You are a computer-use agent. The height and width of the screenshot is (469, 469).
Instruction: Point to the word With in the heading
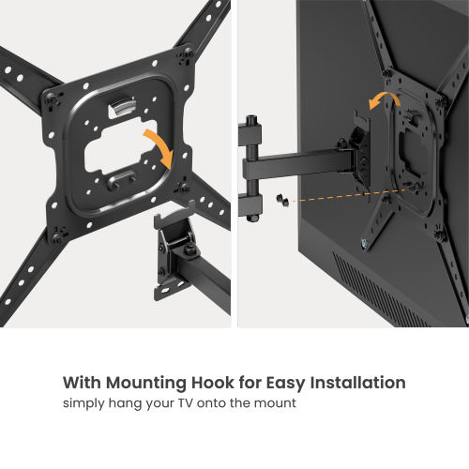(82, 384)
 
